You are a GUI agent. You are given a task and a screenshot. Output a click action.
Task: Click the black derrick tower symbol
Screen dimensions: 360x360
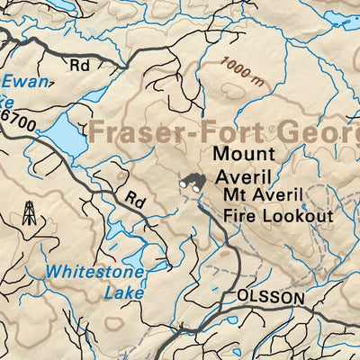point(30,213)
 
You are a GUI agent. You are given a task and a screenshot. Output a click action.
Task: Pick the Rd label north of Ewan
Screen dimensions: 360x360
point(82,65)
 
